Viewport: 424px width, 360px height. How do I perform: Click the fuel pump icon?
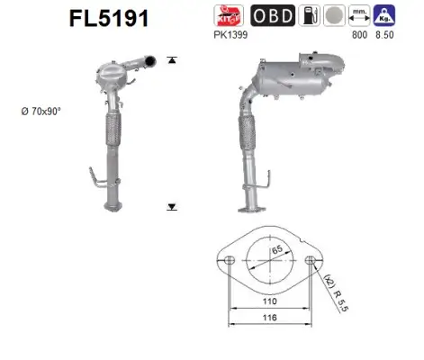308,15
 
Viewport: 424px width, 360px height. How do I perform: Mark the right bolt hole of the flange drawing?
311,260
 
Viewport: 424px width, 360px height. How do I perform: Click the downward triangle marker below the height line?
171,207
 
